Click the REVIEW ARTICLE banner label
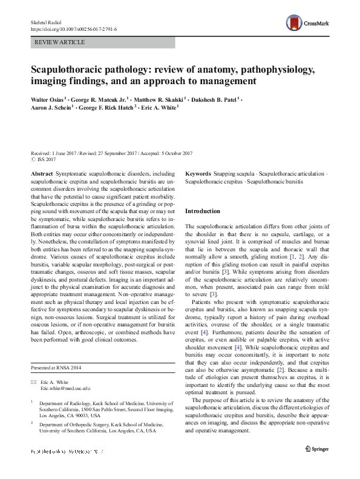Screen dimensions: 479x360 61,42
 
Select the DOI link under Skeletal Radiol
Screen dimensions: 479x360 73,28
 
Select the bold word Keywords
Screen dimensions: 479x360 198,174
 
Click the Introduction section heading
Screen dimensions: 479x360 202,211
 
